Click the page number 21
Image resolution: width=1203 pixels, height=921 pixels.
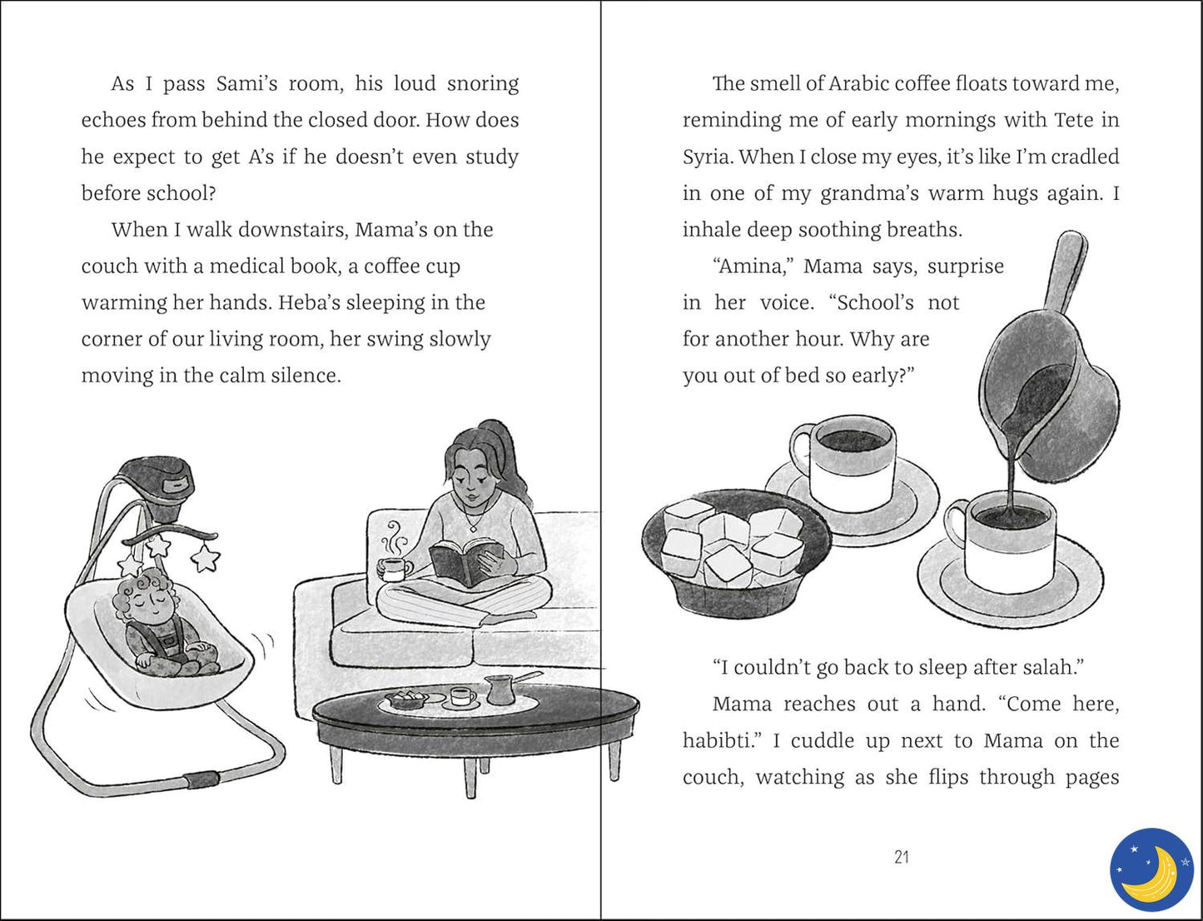[902, 857]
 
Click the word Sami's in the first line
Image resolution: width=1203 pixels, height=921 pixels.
[246, 84]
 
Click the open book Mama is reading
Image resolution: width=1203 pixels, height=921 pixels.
[466, 561]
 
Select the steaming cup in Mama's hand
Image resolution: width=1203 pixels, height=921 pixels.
[395, 569]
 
